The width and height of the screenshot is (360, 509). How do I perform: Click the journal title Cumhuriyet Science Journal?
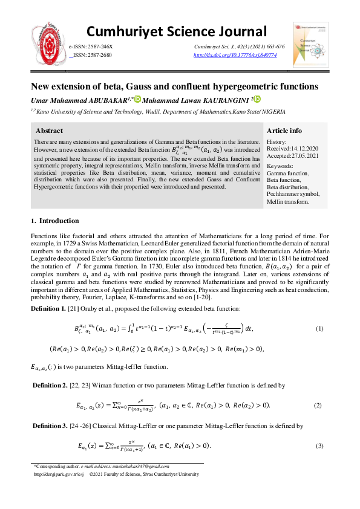(x=177, y=31)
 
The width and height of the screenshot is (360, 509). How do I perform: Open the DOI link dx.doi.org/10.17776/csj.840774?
(x=235, y=55)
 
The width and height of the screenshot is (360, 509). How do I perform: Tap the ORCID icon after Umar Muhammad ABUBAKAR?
(x=137, y=99)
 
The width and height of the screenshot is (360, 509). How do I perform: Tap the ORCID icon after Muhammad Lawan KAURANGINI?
(x=257, y=99)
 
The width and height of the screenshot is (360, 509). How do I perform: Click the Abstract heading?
(x=49, y=131)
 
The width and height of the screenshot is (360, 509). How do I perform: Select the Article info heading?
(x=284, y=131)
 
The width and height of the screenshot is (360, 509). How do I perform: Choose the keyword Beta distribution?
(x=289, y=187)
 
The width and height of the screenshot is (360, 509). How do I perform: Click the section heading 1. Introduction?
(x=54, y=221)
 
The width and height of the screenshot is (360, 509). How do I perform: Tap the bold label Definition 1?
(x=50, y=309)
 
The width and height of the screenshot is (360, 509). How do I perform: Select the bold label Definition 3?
(x=51, y=426)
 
